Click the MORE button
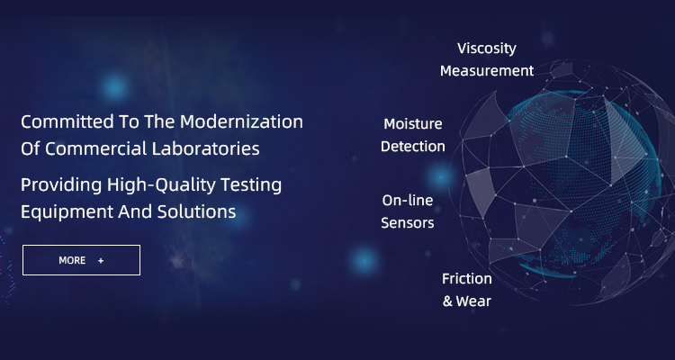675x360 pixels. (81, 260)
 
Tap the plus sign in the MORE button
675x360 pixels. (101, 260)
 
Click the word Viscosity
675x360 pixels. (486, 49)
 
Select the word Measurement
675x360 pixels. (487, 70)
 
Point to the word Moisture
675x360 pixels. (413, 124)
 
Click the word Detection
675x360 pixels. (413, 147)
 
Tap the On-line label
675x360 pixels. (407, 200)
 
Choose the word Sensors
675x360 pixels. (407, 223)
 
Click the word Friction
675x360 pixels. (466, 279)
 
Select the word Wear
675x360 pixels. (473, 301)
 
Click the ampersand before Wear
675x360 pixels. (447, 301)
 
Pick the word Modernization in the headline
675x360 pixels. (241, 121)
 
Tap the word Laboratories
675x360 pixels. (205, 149)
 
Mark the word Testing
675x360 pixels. (251, 185)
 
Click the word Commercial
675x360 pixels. (96, 149)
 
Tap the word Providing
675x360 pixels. (61, 185)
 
